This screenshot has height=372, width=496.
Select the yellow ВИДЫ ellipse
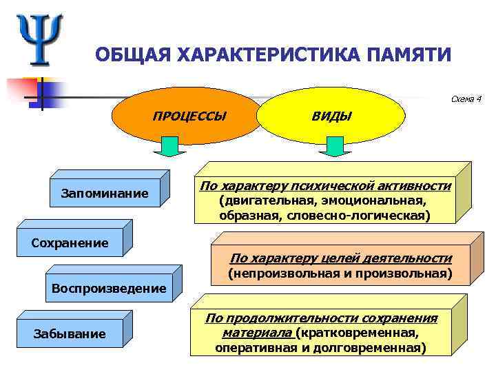332,116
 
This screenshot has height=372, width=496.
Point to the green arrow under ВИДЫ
335,146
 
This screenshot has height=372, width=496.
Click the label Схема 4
465,99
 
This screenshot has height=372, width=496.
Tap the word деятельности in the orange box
409,258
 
